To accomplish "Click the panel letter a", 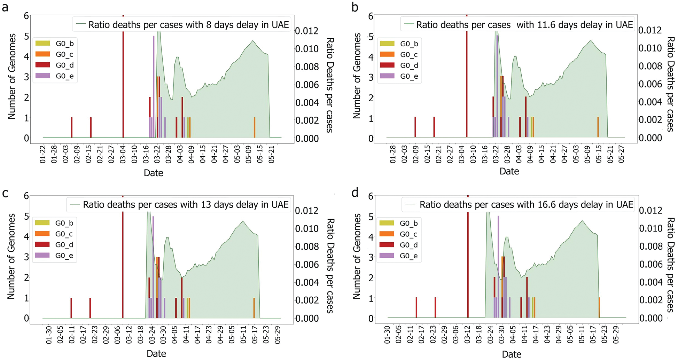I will point(5,7).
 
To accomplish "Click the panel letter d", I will point(354,192).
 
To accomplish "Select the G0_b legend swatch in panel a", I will point(43,43).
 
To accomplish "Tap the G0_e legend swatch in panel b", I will point(387,76).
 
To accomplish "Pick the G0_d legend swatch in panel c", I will point(42,244).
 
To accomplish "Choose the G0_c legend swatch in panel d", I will point(387,234).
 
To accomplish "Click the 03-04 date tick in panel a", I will point(123,154).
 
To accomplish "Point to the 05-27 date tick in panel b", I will point(621,154).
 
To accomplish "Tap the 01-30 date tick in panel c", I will point(49,335).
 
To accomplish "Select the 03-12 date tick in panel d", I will point(467,335).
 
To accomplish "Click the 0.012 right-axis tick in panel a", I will point(307,31).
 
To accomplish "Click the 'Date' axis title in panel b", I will point(509,171).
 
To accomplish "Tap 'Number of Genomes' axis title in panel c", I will point(11,256).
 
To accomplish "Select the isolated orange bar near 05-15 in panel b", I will point(598,127).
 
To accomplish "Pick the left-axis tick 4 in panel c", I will point(26,237).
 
